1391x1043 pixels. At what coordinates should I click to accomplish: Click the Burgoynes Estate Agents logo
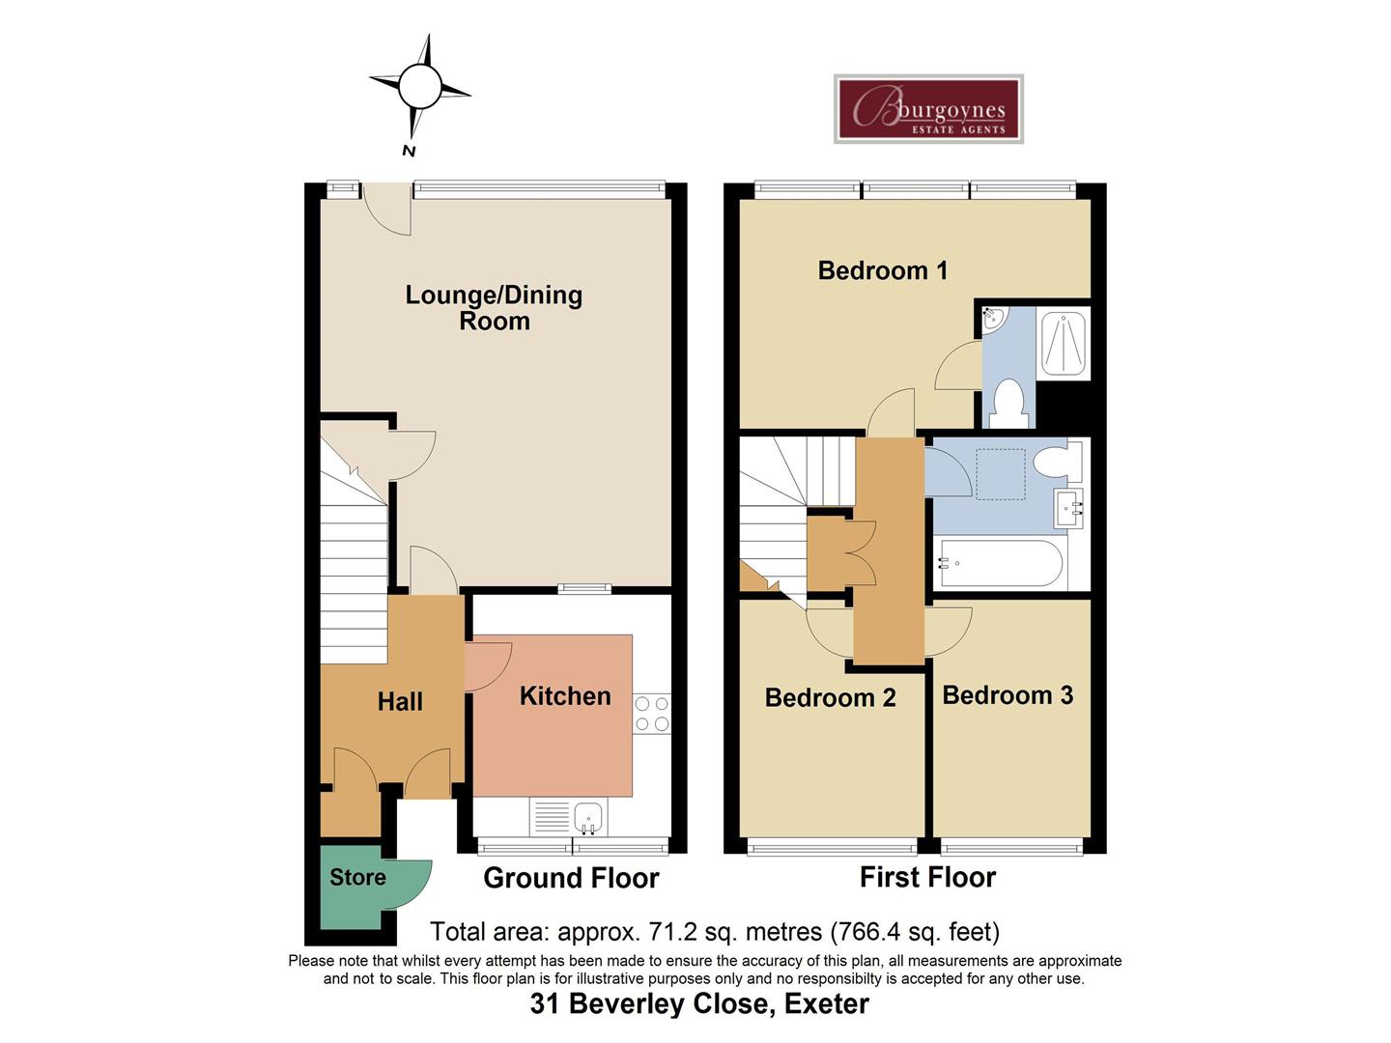927,109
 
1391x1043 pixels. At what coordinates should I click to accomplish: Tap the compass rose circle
419,86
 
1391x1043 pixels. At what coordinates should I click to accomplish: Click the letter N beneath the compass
409,151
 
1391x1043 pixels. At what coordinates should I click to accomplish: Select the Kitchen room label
565,696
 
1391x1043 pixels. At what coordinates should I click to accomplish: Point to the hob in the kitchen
651,713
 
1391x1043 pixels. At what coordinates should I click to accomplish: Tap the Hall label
400,702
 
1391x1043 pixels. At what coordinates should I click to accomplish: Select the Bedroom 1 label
883,270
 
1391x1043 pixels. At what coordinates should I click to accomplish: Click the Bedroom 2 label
830,697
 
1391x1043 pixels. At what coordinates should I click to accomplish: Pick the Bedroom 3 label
1008,694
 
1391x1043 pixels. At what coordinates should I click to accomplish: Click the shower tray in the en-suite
1064,343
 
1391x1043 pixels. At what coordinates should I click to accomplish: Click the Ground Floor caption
571,878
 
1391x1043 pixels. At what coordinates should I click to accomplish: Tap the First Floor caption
927,877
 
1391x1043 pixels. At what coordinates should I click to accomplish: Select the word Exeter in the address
827,1003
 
